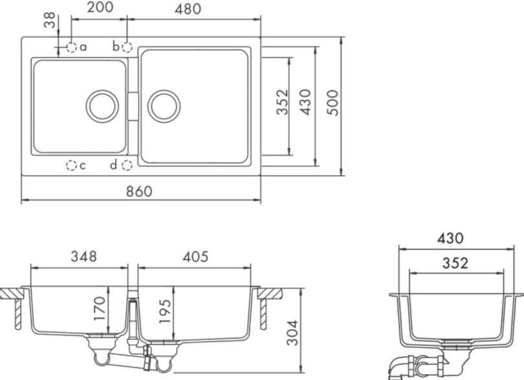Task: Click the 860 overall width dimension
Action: click(x=139, y=191)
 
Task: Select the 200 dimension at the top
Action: click(x=100, y=7)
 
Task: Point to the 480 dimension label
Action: click(x=188, y=9)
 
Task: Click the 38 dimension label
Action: click(x=50, y=20)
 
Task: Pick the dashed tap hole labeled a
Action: click(x=72, y=47)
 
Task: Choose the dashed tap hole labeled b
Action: click(x=127, y=47)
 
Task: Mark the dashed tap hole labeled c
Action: click(x=71, y=165)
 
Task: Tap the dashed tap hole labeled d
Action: click(x=127, y=165)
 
